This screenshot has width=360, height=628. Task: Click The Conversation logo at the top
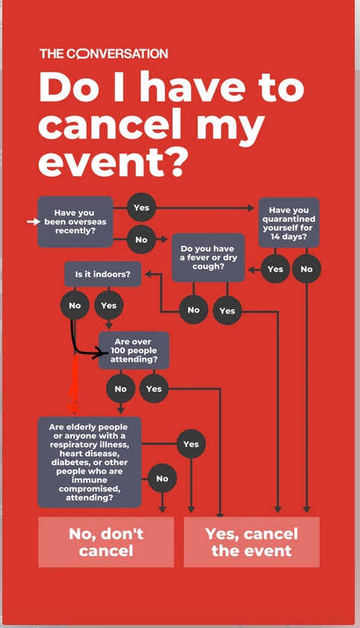click(x=104, y=54)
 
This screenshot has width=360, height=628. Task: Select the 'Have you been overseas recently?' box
click(x=75, y=222)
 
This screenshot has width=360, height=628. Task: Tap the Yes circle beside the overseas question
click(x=141, y=208)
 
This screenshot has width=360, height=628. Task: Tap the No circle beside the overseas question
click(x=141, y=240)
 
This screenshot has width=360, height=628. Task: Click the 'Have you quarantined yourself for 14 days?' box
click(x=289, y=223)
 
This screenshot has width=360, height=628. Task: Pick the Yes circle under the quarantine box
click(x=275, y=269)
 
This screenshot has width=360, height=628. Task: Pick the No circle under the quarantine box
click(x=307, y=269)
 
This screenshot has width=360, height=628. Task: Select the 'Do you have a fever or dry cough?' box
click(x=208, y=258)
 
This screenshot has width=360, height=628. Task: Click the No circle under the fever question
click(x=193, y=310)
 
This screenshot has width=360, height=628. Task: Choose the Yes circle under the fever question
click(x=227, y=311)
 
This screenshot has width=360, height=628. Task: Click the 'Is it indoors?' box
click(x=103, y=274)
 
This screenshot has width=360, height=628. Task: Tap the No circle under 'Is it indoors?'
click(x=75, y=305)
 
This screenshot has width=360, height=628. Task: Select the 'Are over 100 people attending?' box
click(x=134, y=350)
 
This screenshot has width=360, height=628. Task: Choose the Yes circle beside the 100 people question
click(x=154, y=388)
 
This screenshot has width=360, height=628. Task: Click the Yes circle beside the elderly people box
click(x=191, y=444)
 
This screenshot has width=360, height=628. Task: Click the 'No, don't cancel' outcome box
click(x=106, y=542)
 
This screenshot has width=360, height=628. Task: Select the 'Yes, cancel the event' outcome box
click(x=252, y=542)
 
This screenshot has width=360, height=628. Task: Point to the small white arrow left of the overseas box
click(x=34, y=222)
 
